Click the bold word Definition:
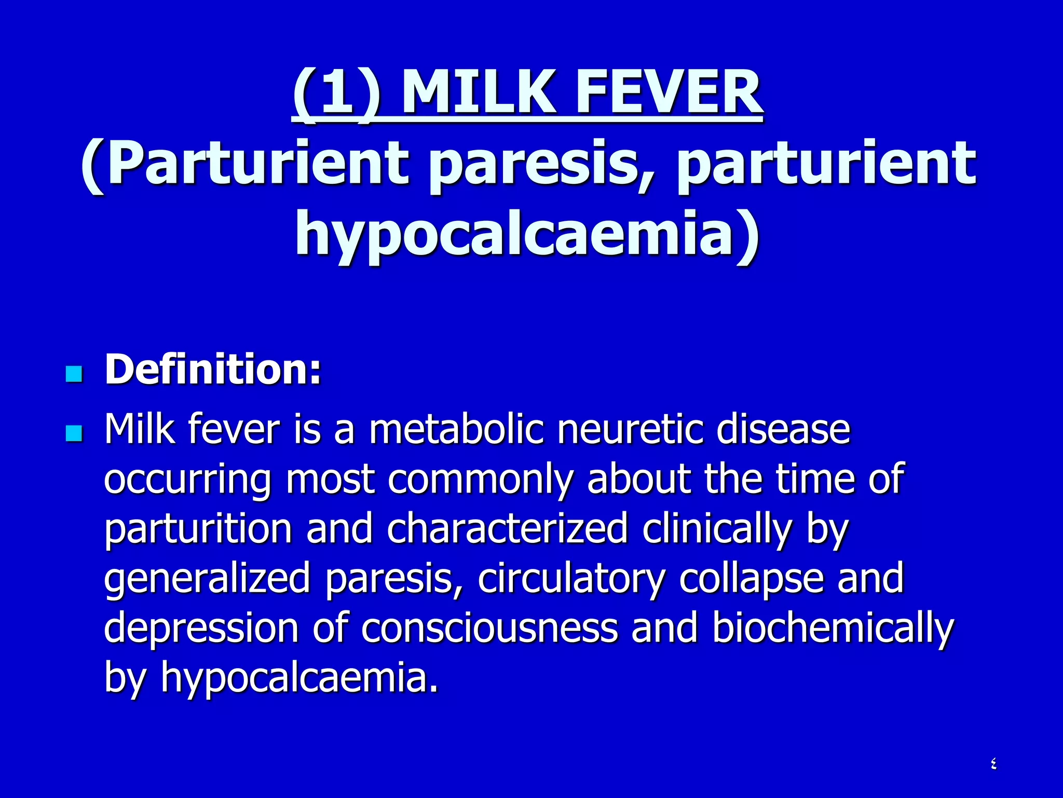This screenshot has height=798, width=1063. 213,369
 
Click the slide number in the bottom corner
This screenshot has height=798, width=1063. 993,764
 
